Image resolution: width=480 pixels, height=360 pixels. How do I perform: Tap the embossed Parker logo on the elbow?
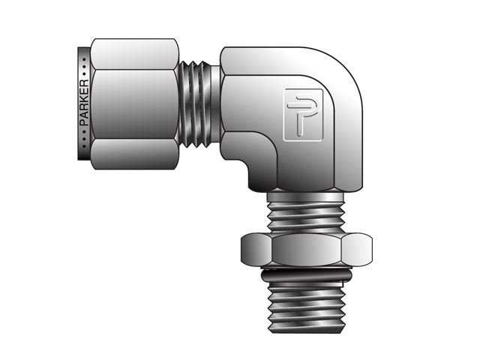[x=298, y=113]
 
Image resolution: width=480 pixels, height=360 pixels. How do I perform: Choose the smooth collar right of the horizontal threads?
[x=216, y=103]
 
